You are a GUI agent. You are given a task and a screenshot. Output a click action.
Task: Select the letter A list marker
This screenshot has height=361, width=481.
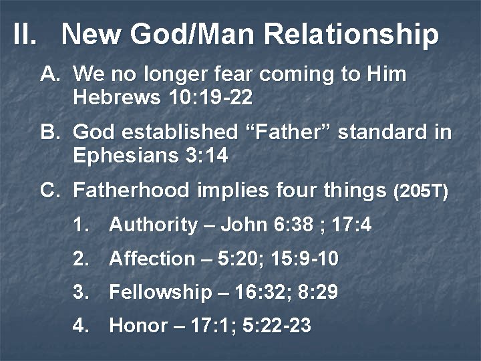(51, 74)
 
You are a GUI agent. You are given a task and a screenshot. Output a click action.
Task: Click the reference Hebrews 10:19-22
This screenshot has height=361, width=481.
(162, 97)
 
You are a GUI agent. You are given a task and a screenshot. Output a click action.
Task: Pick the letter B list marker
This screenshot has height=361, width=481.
(51, 132)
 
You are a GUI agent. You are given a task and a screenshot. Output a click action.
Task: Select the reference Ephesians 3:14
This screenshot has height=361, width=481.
(150, 156)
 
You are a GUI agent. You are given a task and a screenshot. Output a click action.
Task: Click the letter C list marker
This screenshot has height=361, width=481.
(51, 191)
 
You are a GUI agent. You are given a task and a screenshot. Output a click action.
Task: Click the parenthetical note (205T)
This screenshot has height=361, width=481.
(421, 192)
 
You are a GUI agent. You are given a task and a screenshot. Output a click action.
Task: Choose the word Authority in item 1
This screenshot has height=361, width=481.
(153, 225)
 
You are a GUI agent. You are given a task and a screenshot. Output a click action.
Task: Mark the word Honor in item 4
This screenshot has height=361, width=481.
(138, 326)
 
